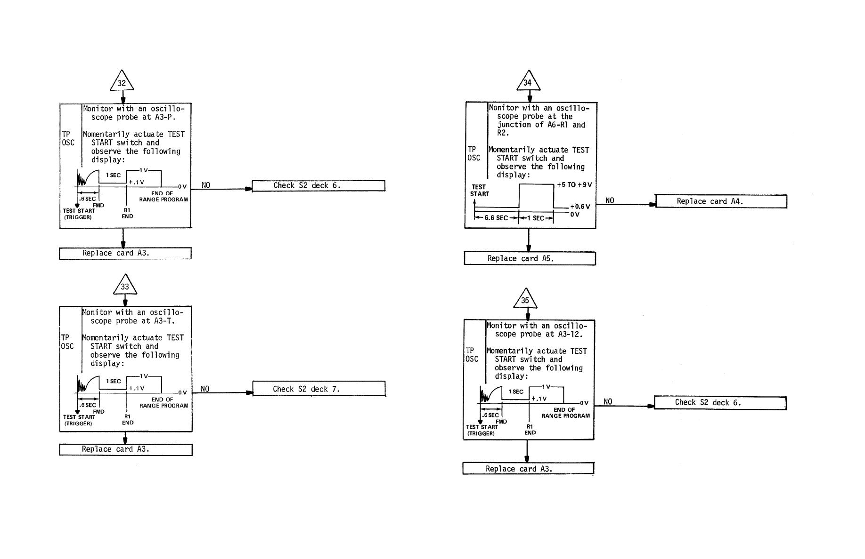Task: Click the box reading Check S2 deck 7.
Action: [319, 389]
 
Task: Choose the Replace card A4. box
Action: [721, 201]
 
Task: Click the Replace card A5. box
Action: [530, 259]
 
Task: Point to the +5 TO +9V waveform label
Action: [574, 185]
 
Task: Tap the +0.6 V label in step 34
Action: [579, 207]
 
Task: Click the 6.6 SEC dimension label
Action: [496, 218]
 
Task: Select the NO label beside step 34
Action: [610, 200]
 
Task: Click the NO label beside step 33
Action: [205, 389]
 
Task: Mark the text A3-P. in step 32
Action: [165, 117]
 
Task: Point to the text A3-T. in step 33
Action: [164, 321]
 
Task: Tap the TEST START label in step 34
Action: [479, 191]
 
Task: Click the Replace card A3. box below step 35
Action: [528, 469]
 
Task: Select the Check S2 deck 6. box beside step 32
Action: [318, 186]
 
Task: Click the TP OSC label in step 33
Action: [67, 342]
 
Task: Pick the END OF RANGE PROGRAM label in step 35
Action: [565, 413]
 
